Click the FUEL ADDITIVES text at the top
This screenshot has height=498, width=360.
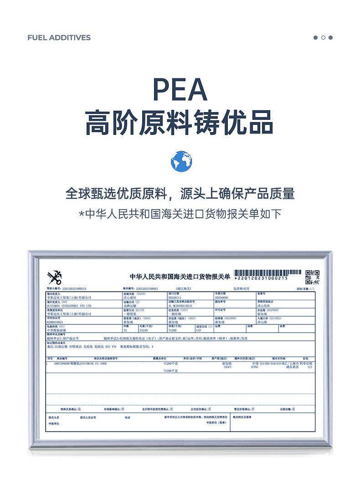tap(59, 37)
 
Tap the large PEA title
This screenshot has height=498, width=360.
tap(180, 89)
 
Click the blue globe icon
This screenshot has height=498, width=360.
tap(181, 161)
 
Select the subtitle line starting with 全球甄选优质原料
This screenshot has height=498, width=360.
tap(180, 193)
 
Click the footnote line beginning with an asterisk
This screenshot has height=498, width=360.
tap(180, 214)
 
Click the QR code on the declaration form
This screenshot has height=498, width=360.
tap(312, 277)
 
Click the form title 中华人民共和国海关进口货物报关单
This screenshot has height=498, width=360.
tap(180, 277)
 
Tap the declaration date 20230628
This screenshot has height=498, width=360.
tap(221, 298)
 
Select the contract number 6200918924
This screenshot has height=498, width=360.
tap(57, 322)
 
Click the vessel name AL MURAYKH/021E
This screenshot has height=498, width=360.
tap(182, 306)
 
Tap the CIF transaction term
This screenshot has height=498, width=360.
tap(199, 330)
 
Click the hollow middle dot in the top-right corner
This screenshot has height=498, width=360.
tap(323, 37)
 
